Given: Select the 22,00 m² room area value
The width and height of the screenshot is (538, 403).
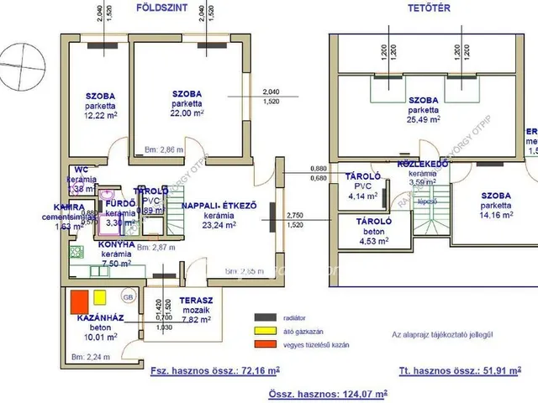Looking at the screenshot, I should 187,114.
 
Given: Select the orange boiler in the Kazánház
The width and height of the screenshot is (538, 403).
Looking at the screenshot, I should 80,300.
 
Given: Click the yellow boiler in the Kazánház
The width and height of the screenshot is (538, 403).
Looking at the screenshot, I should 100,296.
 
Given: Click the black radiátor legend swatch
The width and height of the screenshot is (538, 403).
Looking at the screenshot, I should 266,316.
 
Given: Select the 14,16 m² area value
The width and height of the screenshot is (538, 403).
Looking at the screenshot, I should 496,213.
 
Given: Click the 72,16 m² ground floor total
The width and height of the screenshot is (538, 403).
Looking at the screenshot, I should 261,369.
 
